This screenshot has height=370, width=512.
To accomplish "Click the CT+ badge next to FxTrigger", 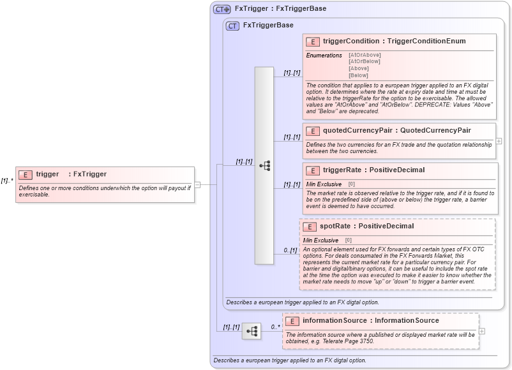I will (x=222, y=9).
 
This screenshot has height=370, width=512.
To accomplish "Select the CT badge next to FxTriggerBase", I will (x=233, y=26).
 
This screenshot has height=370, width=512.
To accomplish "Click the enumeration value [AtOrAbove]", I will (x=365, y=55).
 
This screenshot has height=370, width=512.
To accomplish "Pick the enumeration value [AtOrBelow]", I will (x=364, y=61).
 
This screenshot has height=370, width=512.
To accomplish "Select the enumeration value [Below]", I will (x=358, y=75).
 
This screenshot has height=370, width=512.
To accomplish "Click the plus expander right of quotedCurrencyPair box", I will (x=499, y=141).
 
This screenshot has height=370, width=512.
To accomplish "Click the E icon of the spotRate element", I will (x=309, y=226).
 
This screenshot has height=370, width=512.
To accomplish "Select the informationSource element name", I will (x=370, y=321).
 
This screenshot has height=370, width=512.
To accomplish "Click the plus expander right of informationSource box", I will (x=482, y=331).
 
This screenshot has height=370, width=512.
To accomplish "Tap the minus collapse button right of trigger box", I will (x=197, y=185).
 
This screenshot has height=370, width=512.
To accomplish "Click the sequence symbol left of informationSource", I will (x=252, y=331).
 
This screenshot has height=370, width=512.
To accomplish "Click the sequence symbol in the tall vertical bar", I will (x=264, y=166).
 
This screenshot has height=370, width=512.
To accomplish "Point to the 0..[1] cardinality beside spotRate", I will (x=290, y=250).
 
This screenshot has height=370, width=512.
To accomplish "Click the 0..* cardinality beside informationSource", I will (x=276, y=327).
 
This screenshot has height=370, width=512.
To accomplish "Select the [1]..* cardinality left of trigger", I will (x=7, y=181).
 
